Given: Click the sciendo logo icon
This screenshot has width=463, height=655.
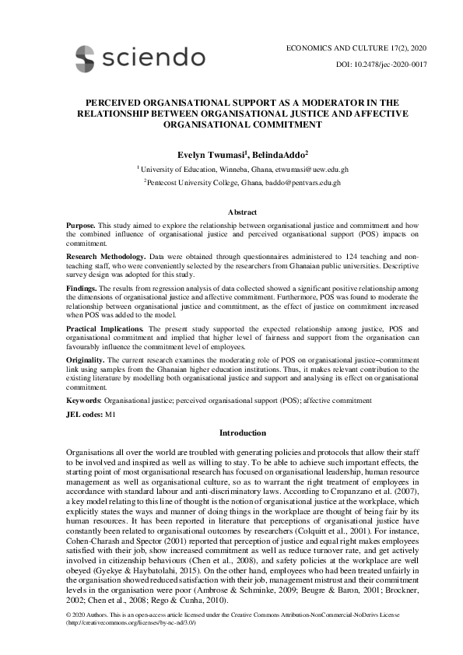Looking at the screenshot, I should [85, 57].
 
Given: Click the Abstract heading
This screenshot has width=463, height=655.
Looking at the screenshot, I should [242, 212].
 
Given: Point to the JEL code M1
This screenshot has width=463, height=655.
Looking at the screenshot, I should [110, 415].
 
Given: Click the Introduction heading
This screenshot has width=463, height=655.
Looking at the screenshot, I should [242, 433].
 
